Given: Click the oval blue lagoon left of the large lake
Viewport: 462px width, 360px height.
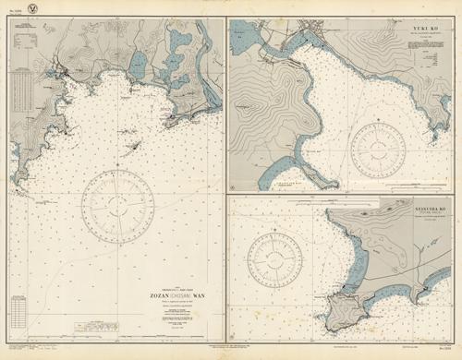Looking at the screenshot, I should pyautogui.click(x=138, y=66).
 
